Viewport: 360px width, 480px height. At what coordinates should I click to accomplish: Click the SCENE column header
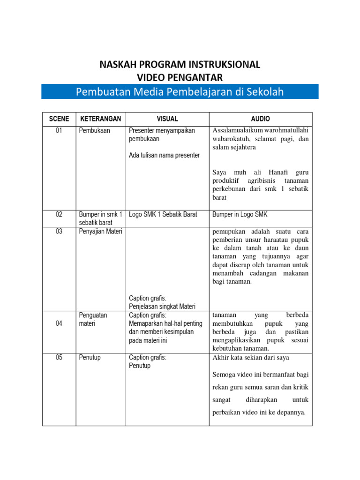tap(59, 119)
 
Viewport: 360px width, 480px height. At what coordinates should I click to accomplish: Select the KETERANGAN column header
tap(101, 119)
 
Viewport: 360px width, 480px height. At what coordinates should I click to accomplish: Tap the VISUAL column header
tap(167, 119)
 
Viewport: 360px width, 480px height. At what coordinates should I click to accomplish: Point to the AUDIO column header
tap(261, 119)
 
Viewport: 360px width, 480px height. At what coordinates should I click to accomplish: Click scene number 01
tap(59, 130)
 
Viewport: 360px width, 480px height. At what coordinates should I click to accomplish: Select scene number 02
tap(59, 214)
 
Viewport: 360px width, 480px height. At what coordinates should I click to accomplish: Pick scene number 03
tap(59, 231)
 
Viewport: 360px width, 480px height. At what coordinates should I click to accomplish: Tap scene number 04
tap(59, 323)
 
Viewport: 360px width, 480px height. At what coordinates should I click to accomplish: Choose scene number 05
tap(59, 357)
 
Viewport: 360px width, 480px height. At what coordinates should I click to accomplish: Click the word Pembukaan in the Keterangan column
tap(95, 130)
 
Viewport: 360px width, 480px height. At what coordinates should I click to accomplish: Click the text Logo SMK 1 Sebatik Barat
tap(163, 214)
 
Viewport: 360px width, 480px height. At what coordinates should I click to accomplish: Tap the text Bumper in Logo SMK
tap(240, 214)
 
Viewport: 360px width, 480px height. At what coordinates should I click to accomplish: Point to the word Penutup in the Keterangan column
tap(90, 357)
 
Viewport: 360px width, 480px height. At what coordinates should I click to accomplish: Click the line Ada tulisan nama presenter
tap(164, 155)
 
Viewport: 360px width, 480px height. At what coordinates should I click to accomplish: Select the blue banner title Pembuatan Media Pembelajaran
tap(180, 91)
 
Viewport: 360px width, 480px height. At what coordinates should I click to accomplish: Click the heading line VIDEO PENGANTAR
tap(180, 77)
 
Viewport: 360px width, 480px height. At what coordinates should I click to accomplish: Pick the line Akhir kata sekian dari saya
tap(251, 358)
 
